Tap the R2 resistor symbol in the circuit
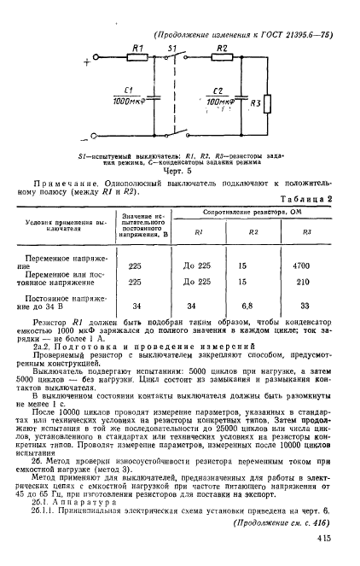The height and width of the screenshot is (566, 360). pos(220,61)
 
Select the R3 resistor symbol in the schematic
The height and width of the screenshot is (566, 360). pos(268,104)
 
